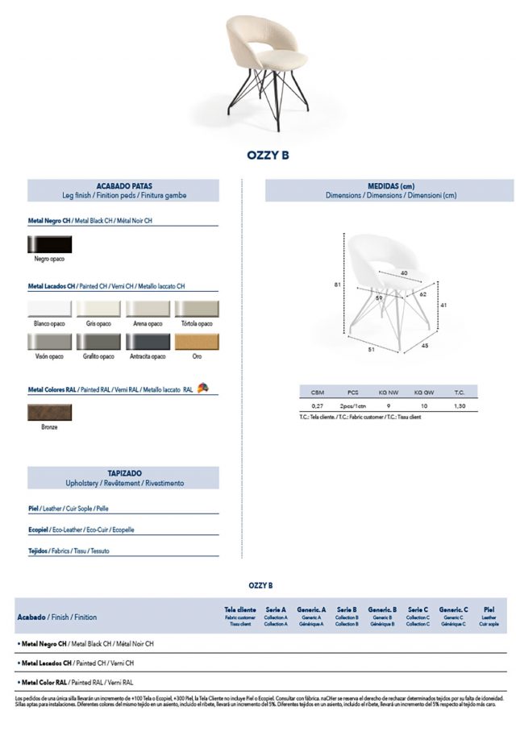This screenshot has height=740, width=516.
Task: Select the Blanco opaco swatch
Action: coord(49,310)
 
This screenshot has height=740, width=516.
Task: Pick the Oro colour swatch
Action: coord(197,342)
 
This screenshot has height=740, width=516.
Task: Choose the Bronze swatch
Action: coord(49,411)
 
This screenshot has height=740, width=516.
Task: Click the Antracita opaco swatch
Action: coord(148,342)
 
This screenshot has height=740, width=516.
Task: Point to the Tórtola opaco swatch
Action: coord(197,310)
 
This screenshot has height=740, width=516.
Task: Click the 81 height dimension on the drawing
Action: coord(338,284)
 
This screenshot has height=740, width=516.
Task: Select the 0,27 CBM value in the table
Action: coord(318,406)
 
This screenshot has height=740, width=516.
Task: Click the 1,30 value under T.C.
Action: coord(460,406)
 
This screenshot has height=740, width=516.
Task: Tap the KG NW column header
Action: coord(389,392)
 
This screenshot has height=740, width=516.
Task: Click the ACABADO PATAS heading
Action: coord(124,186)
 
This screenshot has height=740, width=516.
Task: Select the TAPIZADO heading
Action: coord(124,474)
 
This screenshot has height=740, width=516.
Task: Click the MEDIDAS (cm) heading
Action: coord(390,186)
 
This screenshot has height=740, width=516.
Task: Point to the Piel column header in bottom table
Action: coord(489,610)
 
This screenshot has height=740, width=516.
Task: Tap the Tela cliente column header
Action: coord(240,610)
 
